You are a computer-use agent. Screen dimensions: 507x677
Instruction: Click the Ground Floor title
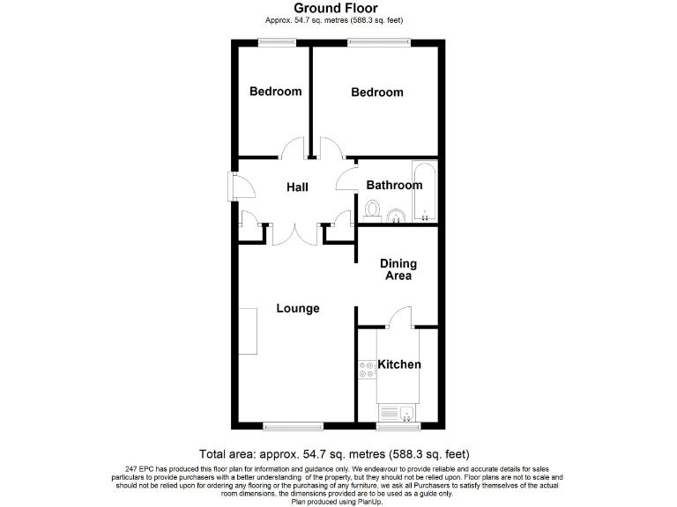[335, 9]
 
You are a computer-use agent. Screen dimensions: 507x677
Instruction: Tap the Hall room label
[296, 187]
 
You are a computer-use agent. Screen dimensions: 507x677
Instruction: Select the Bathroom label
[394, 186]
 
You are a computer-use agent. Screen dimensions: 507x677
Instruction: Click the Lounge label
[297, 308]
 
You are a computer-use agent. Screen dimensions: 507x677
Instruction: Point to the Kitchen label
[399, 364]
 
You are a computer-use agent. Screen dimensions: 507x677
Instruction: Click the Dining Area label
[398, 269]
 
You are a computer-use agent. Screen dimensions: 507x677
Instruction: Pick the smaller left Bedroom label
[275, 92]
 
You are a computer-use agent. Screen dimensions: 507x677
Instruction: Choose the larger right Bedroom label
[376, 92]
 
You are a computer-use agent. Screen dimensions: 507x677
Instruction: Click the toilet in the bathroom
[373, 210]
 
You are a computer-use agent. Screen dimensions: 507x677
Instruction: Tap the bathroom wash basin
[396, 214]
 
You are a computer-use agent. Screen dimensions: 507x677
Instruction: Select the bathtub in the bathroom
[424, 190]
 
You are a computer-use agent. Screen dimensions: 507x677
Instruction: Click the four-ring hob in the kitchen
[364, 370]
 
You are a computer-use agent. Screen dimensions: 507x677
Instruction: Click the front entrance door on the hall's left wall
[234, 186]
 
